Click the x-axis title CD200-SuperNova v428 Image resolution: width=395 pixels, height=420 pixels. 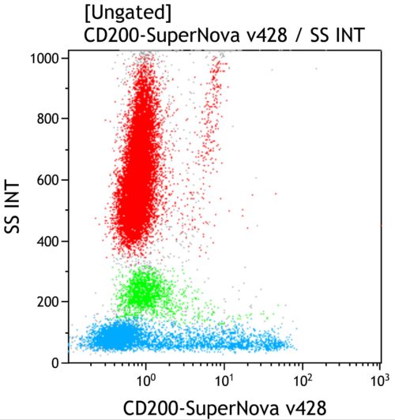[x=224, y=407]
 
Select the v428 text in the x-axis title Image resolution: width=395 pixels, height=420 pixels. [x=301, y=407]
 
